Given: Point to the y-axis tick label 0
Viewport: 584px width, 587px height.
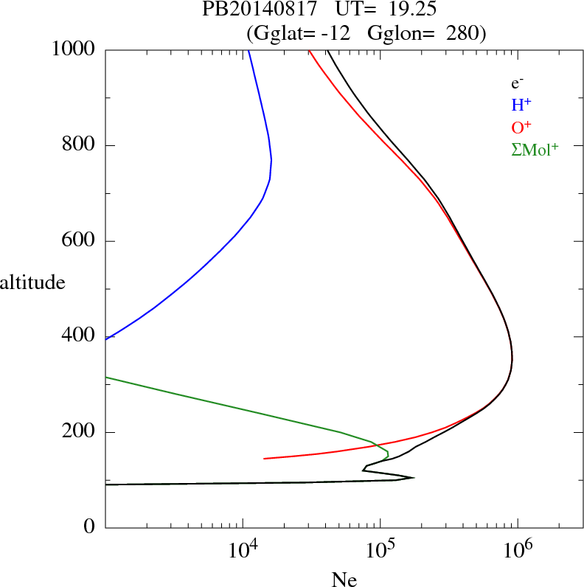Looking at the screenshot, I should pyautogui.click(x=91, y=527).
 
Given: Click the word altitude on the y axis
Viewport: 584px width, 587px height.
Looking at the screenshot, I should pyautogui.click(x=32, y=281).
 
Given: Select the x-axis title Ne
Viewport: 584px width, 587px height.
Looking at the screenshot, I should pyautogui.click(x=344, y=580).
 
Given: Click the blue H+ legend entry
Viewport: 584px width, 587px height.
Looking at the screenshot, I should pyautogui.click(x=521, y=105).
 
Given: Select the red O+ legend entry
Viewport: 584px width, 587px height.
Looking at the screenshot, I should pyautogui.click(x=521, y=128).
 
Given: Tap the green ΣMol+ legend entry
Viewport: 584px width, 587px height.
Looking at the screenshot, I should pyautogui.click(x=535, y=150).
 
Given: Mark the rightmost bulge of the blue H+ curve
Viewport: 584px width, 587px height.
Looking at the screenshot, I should pyautogui.click(x=271, y=161).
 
